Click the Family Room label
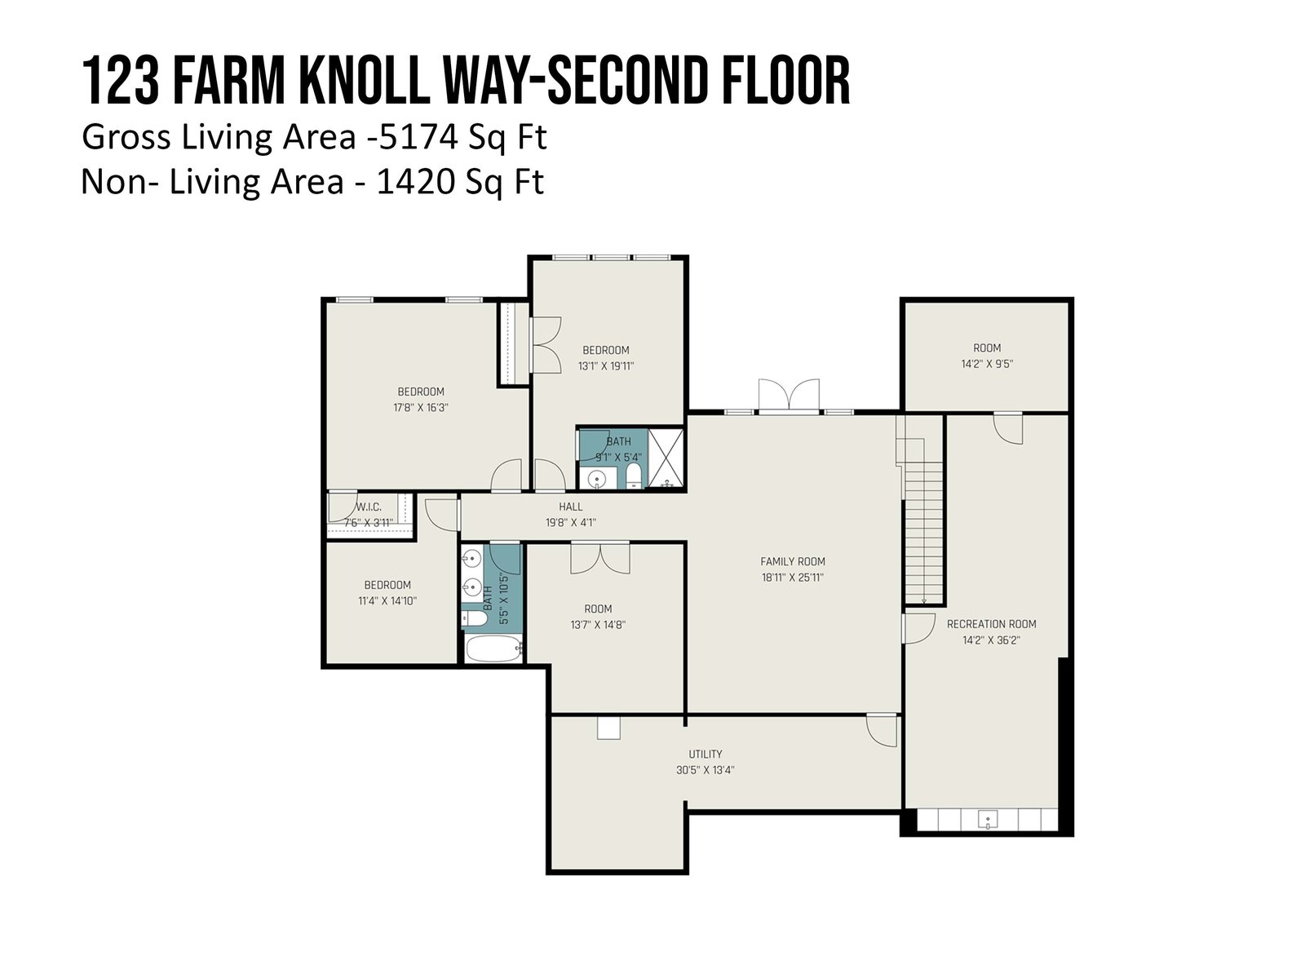[x=793, y=561]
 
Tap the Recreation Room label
[x=991, y=624]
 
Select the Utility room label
[x=706, y=754]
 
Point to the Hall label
[x=571, y=507]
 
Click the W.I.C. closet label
[x=369, y=507]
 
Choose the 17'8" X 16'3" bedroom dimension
[x=420, y=408]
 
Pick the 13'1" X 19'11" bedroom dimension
[x=606, y=366]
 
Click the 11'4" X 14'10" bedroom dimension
[x=387, y=601]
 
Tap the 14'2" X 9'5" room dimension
[x=987, y=364]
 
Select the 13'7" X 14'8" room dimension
[x=598, y=625]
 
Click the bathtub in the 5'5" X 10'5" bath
[x=493, y=649]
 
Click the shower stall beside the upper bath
[x=666, y=458]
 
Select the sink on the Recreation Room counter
[x=988, y=820]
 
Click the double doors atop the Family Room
[x=789, y=395]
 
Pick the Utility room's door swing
[x=882, y=730]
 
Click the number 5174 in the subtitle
[x=418, y=137]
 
